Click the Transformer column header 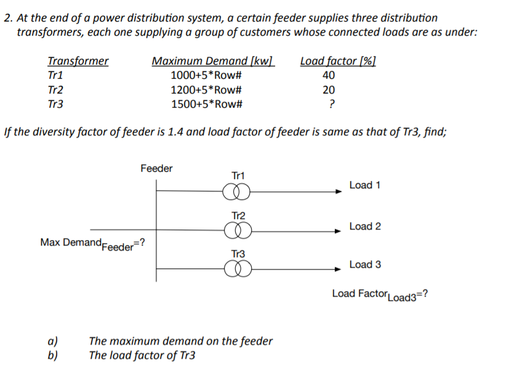point(78,61)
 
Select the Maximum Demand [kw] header point(213,61)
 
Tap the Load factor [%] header point(338,61)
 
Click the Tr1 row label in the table point(55,76)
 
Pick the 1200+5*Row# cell point(206,90)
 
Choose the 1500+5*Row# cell point(206,104)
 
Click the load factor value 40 point(329,76)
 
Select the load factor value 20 point(329,90)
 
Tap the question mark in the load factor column point(332,104)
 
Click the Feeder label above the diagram point(156,169)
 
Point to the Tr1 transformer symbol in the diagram point(238,192)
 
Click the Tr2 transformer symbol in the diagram point(238,231)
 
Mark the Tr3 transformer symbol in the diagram point(238,269)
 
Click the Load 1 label point(365,185)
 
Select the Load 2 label point(365,226)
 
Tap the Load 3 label point(365,265)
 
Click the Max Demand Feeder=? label point(92,243)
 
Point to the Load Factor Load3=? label point(380,294)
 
